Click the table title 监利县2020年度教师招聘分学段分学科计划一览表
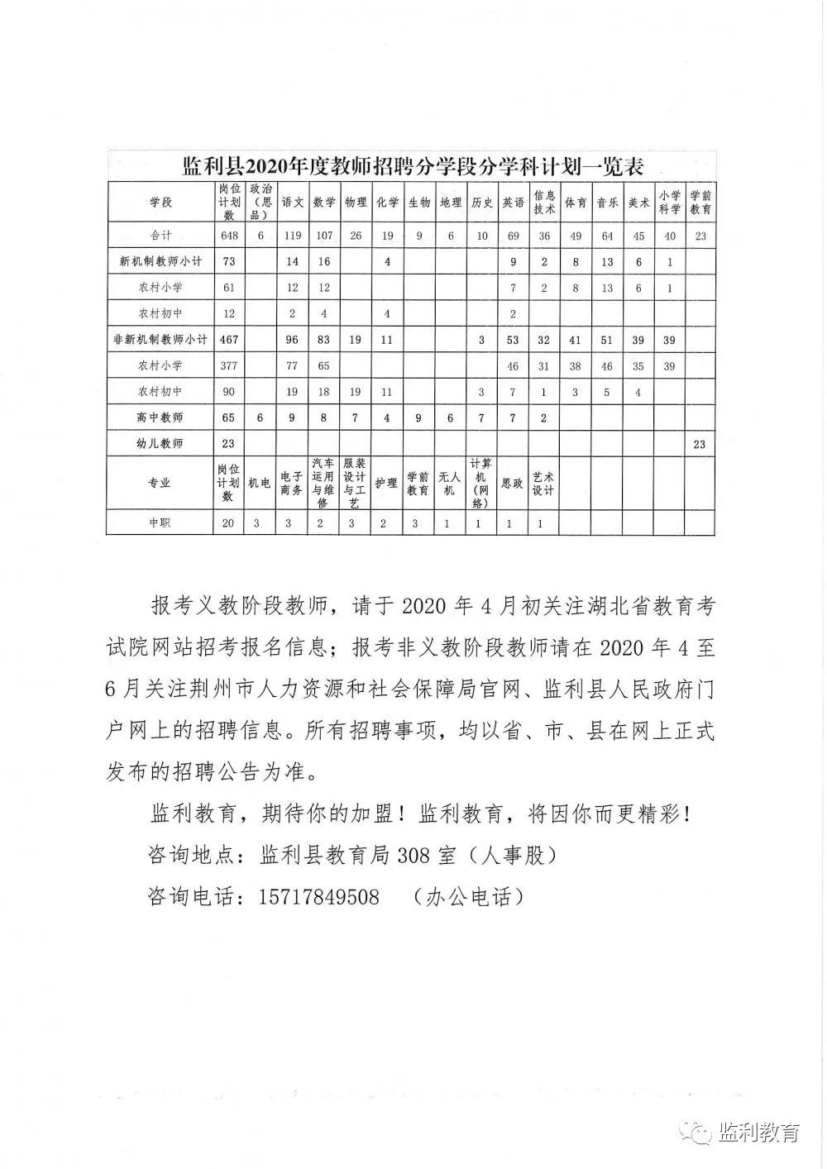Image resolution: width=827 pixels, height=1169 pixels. pos(413,167)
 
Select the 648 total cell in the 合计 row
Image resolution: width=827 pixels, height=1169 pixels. pos(228,236)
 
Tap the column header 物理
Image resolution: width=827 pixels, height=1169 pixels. pos(356,203)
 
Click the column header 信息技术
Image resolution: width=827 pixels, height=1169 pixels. pos(544,203)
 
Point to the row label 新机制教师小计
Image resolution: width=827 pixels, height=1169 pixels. pos(160,261)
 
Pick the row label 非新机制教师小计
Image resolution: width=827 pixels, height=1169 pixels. pos(160,340)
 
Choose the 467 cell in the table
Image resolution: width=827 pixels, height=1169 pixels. pos(228,340)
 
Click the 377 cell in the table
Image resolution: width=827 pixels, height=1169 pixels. pos(228,365)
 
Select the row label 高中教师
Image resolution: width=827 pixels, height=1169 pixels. pos(160,417)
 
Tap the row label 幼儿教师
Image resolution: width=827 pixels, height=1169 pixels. pos(160,443)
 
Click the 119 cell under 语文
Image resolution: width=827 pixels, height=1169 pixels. pos(293,236)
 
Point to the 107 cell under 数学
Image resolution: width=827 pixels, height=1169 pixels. pos(324,236)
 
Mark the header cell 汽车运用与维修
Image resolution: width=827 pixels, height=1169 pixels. pos(323,483)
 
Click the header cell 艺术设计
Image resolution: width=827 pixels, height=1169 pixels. pos(543,483)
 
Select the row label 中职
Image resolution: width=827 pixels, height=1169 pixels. pos(160,522)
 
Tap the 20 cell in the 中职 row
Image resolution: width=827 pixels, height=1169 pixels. pos(228,522)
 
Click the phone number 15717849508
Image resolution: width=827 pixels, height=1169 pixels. pos(319,896)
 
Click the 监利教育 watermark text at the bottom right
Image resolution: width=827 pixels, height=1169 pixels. pos(759,1132)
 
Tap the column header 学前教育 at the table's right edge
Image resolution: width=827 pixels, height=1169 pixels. pos(700,203)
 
